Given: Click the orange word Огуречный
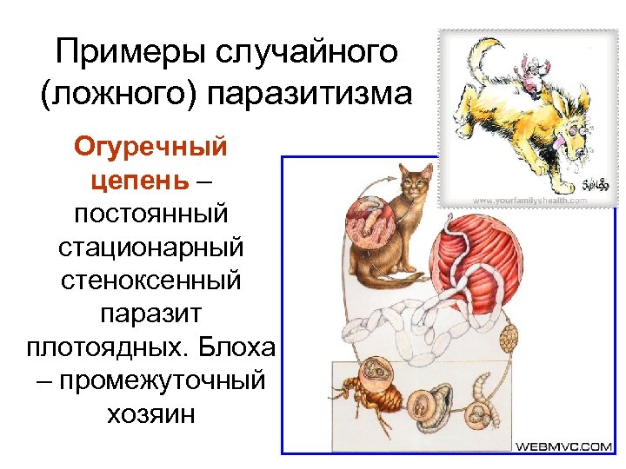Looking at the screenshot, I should pos(150,145).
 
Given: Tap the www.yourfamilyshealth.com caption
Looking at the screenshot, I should pos(529,199).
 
